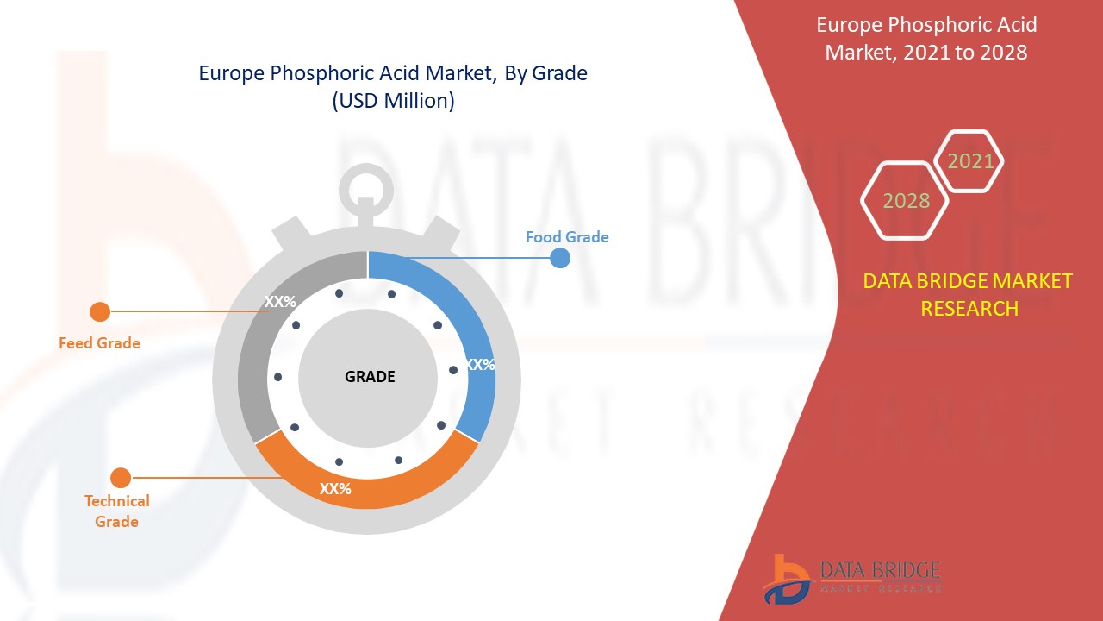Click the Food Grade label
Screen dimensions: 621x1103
[567, 237]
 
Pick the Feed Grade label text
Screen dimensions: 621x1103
[99, 343]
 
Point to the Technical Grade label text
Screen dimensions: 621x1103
[117, 511]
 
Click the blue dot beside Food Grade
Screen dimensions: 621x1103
[560, 258]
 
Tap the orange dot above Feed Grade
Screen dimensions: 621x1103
[100, 311]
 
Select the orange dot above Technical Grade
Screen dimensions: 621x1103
[121, 478]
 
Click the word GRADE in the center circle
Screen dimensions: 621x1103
[370, 377]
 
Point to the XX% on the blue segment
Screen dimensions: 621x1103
[480, 365]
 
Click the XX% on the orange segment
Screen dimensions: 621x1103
[335, 489]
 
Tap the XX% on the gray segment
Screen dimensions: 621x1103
[280, 302]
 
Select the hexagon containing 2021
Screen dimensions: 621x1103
[970, 160]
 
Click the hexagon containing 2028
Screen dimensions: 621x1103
[906, 201]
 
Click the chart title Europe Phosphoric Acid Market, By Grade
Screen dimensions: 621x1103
[393, 73]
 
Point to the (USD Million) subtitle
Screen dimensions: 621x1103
[393, 101]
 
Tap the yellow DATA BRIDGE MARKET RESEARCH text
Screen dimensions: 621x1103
[969, 294]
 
